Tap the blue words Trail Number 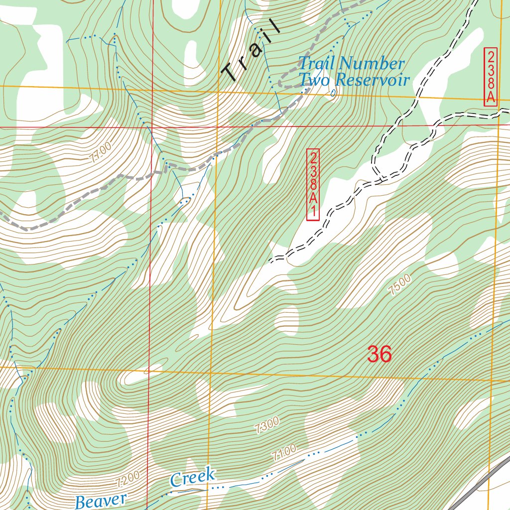click(351, 64)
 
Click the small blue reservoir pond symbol click(333, 92)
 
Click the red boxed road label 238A click(491, 77)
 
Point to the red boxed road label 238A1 click(313, 185)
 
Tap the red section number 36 click(380, 354)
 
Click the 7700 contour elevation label click(101, 152)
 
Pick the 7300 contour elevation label click(266, 425)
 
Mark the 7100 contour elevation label click(284, 452)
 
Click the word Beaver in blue click(102, 500)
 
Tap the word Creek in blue click(193, 478)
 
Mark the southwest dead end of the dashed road click(270, 260)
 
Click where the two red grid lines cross click(150, 127)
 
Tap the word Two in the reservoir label click(314, 80)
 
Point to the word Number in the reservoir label click(373, 64)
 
